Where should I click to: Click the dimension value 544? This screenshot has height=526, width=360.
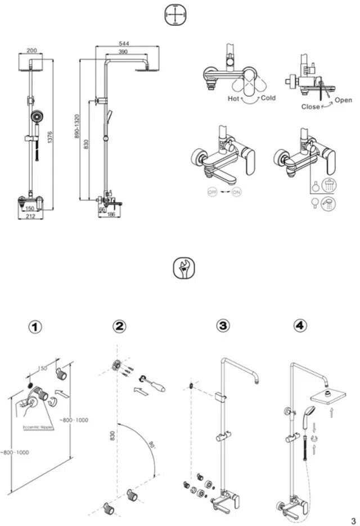click(123, 43)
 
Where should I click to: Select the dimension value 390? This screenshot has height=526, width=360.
click(123, 52)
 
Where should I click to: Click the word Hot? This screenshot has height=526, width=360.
click(233, 98)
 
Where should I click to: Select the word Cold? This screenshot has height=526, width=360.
click(268, 98)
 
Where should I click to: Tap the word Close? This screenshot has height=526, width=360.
click(310, 106)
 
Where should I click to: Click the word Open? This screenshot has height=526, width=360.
click(343, 100)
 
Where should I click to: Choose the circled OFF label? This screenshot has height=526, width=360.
click(212, 192)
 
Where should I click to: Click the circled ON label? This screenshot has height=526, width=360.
click(236, 192)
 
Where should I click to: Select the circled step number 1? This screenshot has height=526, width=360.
click(35, 327)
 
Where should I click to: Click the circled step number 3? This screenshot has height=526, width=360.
click(223, 325)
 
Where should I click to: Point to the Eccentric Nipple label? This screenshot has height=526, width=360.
click(38, 427)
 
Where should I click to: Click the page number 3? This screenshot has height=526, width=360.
click(353, 520)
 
